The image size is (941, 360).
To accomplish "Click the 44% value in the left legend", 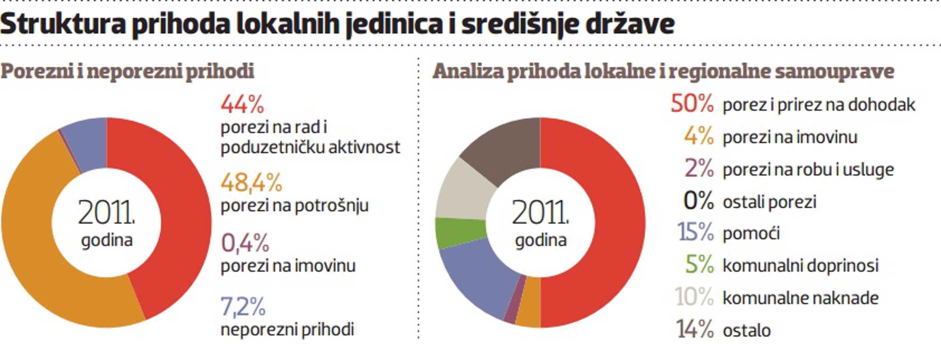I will pyautogui.click(x=242, y=105).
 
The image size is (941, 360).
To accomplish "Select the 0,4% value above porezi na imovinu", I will pyautogui.click(x=245, y=243).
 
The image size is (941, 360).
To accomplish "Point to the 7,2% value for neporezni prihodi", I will pyautogui.click(x=243, y=307).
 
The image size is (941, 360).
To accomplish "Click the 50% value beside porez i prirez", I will pyautogui.click(x=692, y=104).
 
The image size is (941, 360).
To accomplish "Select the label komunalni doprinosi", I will pyautogui.click(x=800, y=266).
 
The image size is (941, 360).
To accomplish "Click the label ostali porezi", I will pyautogui.click(x=769, y=202).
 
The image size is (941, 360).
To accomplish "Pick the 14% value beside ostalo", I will pyautogui.click(x=694, y=329).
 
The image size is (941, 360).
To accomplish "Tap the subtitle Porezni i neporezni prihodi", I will pyautogui.click(x=127, y=71).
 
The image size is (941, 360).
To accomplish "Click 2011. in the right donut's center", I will pyautogui.click(x=540, y=213).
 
